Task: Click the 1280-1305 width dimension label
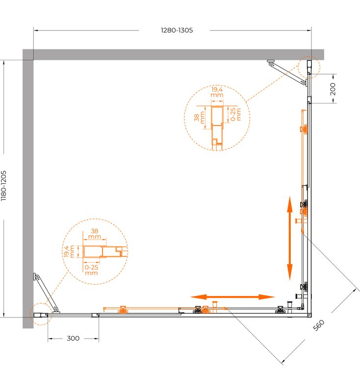[177, 30]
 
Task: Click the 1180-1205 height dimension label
[3, 186]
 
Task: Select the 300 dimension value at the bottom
[73, 338]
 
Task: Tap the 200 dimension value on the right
[333, 89]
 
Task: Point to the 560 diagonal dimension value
[319, 325]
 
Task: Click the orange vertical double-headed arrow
[290, 238]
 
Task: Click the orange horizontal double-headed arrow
[232, 297]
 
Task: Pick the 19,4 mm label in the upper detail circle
[217, 92]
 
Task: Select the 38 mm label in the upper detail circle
[199, 118]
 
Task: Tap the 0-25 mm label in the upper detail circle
[235, 114]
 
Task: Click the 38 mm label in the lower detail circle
[94, 234]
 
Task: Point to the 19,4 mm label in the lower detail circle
[69, 251]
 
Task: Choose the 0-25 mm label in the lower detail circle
[91, 270]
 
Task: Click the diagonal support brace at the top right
[287, 73]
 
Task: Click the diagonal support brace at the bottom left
[46, 293]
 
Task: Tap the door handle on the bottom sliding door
[215, 307]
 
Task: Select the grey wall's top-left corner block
[28, 54]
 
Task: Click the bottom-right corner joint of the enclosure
[309, 315]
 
